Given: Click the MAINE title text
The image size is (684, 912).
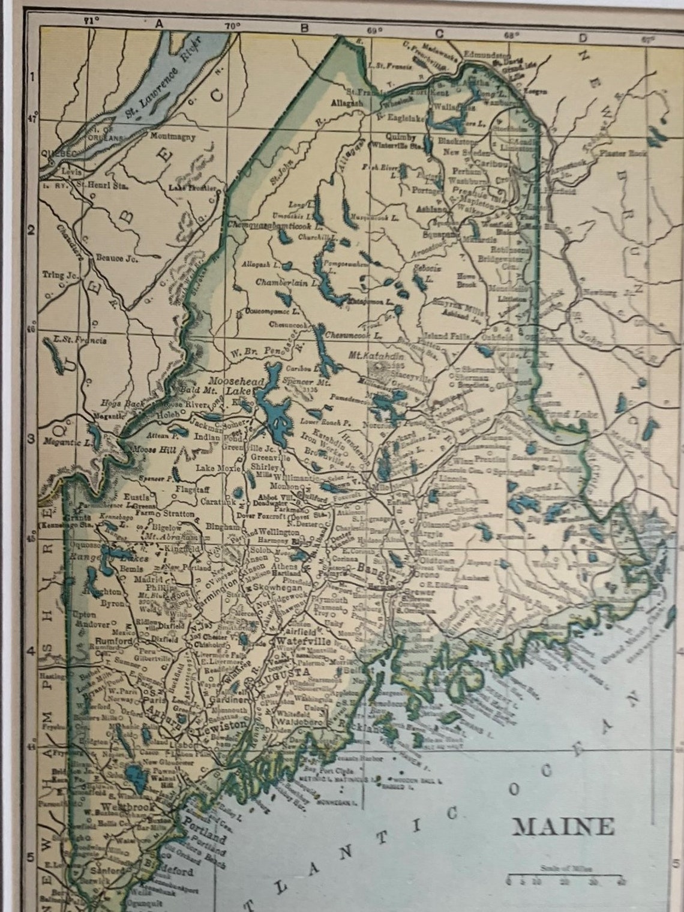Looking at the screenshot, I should click(x=563, y=826).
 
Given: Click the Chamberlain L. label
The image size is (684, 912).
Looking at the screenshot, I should click(x=280, y=282).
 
